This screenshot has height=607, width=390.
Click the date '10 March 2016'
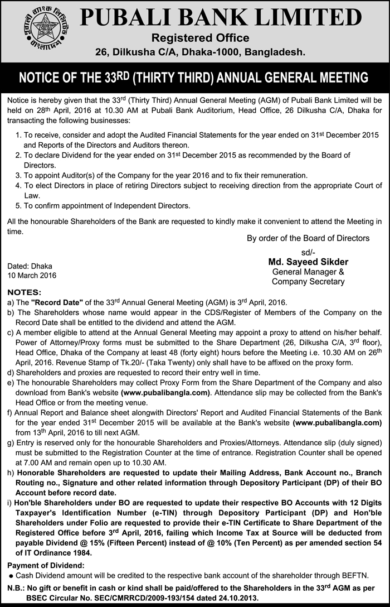pos(32,276)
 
